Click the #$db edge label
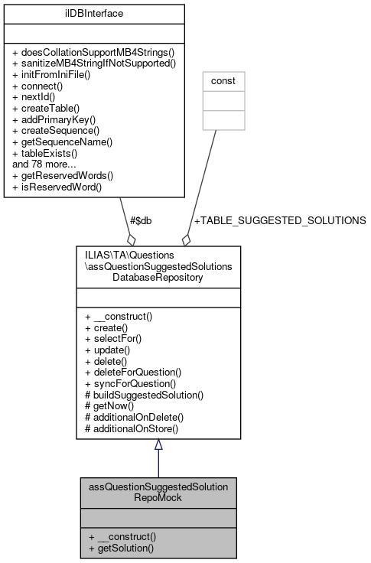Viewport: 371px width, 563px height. (x=141, y=220)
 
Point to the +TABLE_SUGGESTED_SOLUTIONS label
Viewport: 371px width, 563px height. (x=280, y=220)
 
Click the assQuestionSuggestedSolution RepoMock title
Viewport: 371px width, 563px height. (x=158, y=491)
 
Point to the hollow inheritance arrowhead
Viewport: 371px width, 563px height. (x=158, y=445)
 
